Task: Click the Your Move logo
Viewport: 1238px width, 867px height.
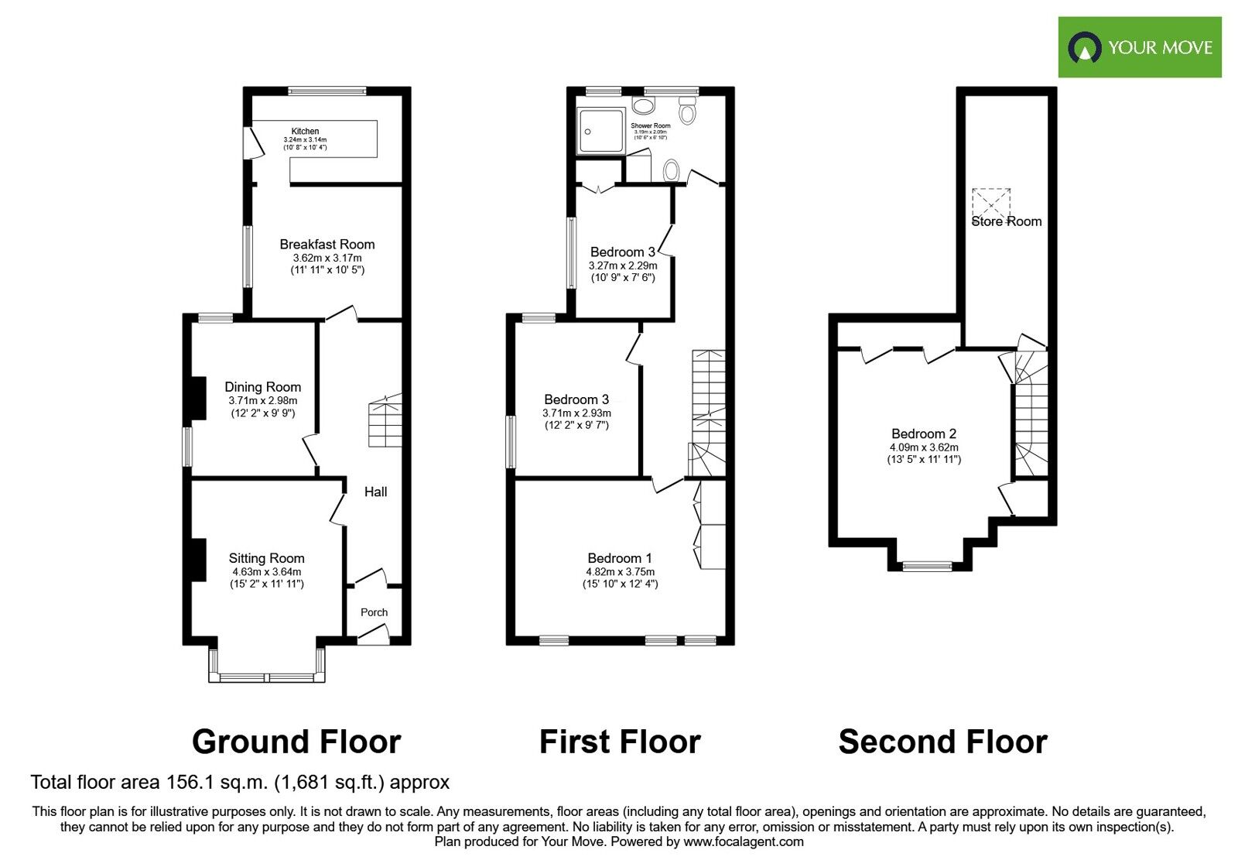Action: pyautogui.click(x=1139, y=47)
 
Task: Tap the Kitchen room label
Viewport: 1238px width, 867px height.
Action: pyautogui.click(x=305, y=132)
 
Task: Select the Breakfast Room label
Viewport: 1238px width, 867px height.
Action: pyautogui.click(x=327, y=245)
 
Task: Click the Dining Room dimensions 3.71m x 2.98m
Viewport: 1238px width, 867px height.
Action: pyautogui.click(x=262, y=401)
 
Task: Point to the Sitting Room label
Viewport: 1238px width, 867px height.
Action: pyautogui.click(x=266, y=558)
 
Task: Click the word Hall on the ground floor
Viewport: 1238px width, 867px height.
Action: pyautogui.click(x=375, y=492)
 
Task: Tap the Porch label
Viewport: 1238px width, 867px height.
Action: pyautogui.click(x=374, y=612)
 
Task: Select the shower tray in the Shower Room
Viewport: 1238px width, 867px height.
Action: pyautogui.click(x=600, y=130)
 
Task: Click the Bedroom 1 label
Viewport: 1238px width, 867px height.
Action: pyautogui.click(x=619, y=558)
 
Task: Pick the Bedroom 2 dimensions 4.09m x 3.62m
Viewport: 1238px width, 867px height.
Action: pyautogui.click(x=923, y=447)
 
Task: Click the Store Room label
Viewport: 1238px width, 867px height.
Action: pyautogui.click(x=1006, y=221)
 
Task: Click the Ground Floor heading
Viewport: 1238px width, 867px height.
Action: pyautogui.click(x=296, y=742)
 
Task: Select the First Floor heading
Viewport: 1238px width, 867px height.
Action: pyautogui.click(x=619, y=742)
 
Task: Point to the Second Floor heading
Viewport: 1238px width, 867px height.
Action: pyautogui.click(x=942, y=742)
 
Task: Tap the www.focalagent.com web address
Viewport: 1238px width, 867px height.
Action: pyautogui.click(x=743, y=841)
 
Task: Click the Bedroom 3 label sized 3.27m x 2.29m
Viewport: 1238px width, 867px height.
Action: pyautogui.click(x=622, y=252)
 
